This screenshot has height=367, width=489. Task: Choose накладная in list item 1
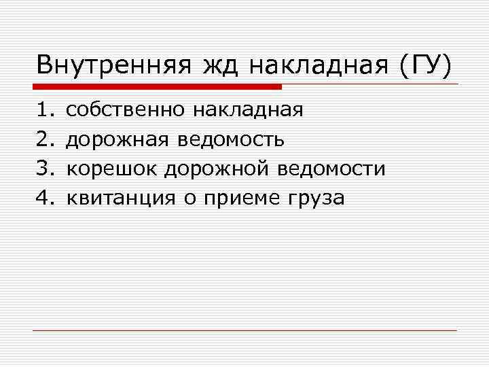247,109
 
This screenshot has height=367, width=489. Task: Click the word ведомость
231,139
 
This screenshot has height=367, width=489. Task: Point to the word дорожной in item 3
210,169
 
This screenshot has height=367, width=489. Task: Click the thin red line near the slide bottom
244,330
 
